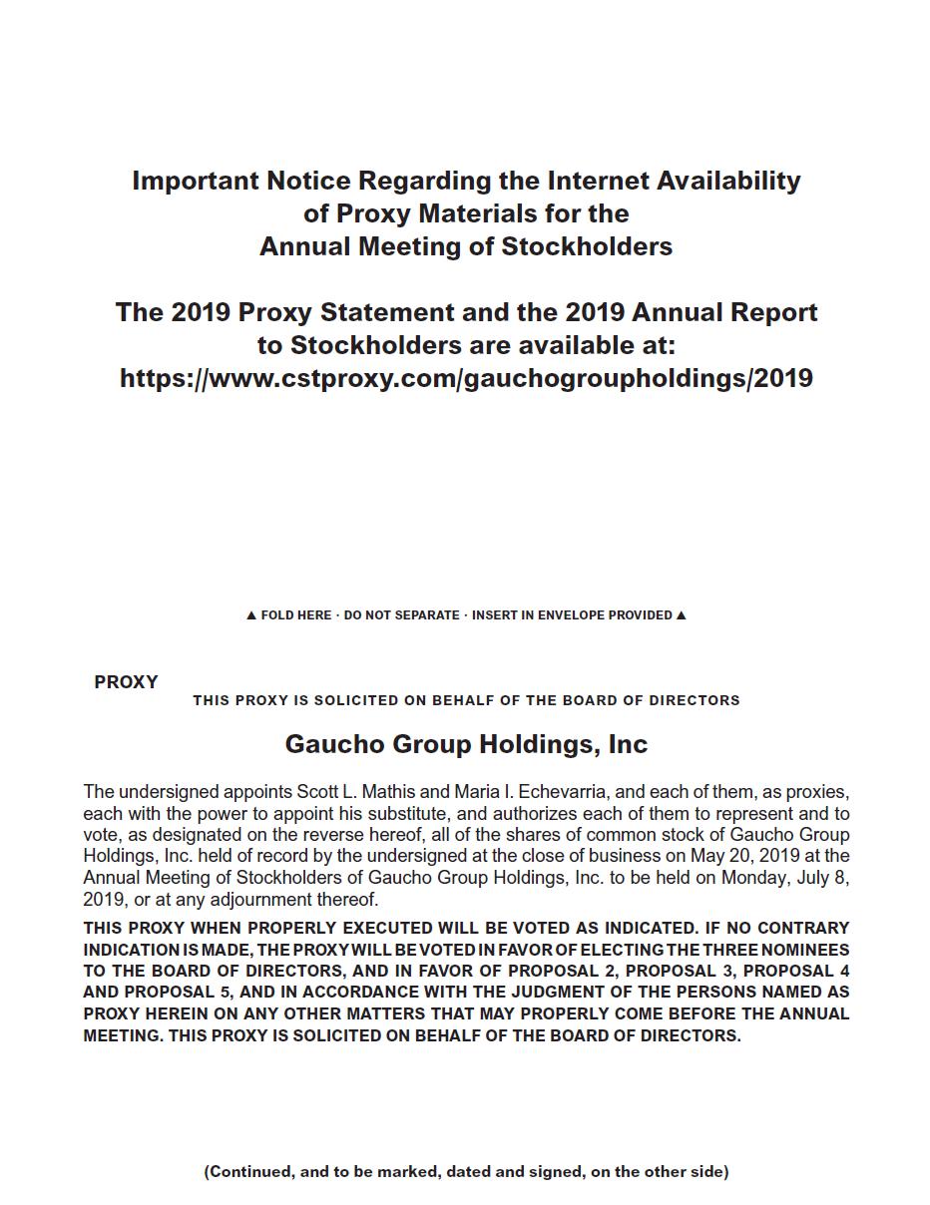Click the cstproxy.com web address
[x=466, y=378]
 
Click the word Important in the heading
[x=196, y=181]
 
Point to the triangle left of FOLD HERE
[x=251, y=615]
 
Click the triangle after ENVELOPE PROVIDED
[x=682, y=615]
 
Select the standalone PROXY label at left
[x=126, y=682]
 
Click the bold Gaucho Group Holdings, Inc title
[x=466, y=744]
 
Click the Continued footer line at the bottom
[x=466, y=1171]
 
